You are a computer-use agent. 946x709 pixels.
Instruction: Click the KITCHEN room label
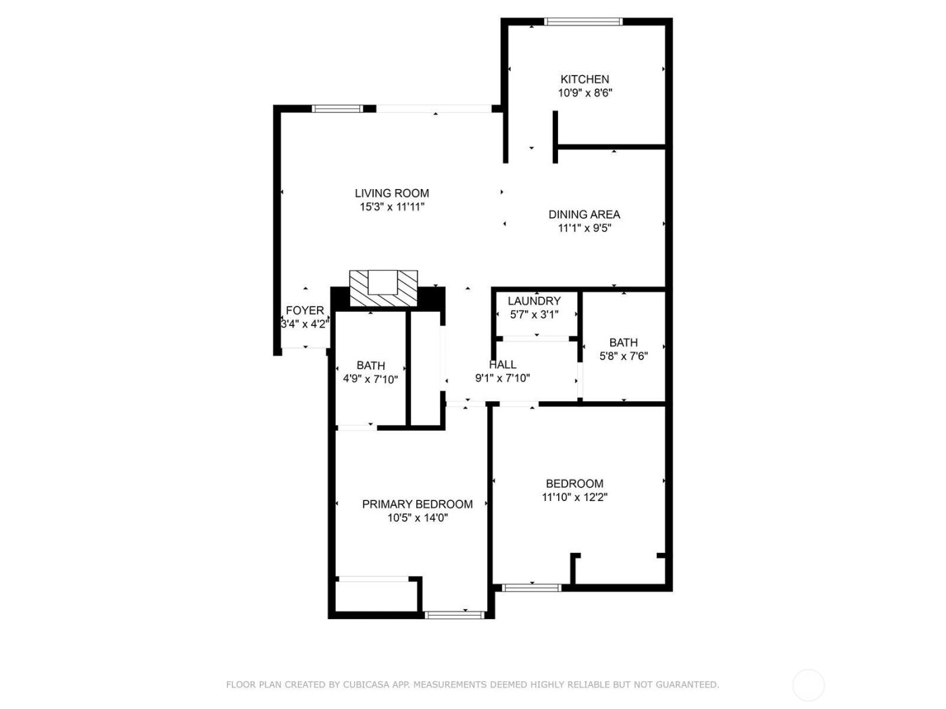[584, 79]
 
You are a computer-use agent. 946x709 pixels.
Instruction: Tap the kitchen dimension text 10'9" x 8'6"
[584, 93]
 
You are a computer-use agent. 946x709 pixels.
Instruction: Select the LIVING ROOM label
[392, 193]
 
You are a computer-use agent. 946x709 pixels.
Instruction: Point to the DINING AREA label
[584, 214]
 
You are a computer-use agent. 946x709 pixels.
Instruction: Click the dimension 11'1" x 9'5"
[584, 228]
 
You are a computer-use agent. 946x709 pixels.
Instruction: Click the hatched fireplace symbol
[383, 288]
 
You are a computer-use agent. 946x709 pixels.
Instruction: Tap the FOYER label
[305, 310]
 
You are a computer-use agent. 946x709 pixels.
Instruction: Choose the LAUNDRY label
[534, 300]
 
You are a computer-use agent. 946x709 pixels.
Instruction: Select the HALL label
[502, 365]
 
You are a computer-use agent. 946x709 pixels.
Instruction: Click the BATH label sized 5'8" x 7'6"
[623, 342]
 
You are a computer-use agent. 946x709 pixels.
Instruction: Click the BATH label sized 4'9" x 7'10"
[370, 365]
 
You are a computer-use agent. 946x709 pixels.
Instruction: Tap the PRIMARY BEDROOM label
[417, 504]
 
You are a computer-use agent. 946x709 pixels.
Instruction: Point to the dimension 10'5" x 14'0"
[417, 518]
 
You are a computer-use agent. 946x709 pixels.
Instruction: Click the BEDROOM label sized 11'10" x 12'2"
[574, 483]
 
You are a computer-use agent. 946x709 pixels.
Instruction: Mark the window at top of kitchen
[583, 22]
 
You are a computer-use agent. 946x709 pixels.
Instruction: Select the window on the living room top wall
[337, 108]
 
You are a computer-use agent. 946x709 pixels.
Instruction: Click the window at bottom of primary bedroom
[455, 614]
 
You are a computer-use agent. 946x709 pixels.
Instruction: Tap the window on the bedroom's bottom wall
[532, 587]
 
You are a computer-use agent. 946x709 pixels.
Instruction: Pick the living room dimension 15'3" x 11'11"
[392, 207]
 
